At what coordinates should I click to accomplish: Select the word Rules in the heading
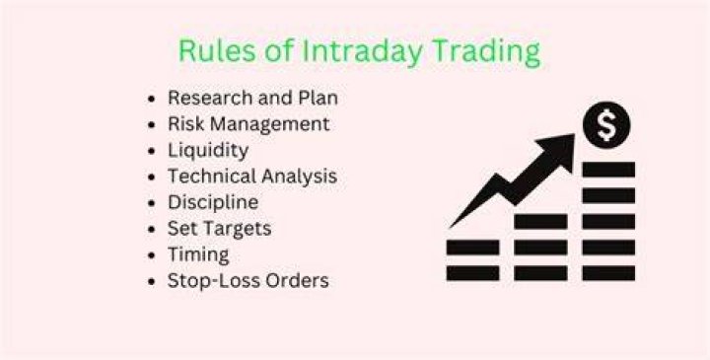click(x=217, y=50)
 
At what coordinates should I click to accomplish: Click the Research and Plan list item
click(x=252, y=98)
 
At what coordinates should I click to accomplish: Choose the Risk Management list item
click(x=248, y=123)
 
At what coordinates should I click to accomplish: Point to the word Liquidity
click(x=208, y=151)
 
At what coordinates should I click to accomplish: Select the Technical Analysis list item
click(x=252, y=177)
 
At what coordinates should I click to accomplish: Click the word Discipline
click(x=213, y=202)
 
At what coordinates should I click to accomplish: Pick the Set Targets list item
click(x=219, y=229)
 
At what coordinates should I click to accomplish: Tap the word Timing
click(x=198, y=254)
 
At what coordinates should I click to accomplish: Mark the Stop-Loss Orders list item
click(x=248, y=281)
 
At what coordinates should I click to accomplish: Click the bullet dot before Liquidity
click(x=152, y=150)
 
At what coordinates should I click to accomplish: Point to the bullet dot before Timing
click(x=152, y=254)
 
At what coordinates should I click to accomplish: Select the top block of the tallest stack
click(x=608, y=170)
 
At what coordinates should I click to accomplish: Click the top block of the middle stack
click(x=540, y=222)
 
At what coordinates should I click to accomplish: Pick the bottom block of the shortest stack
click(x=472, y=273)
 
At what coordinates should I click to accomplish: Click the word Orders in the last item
click(x=297, y=281)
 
